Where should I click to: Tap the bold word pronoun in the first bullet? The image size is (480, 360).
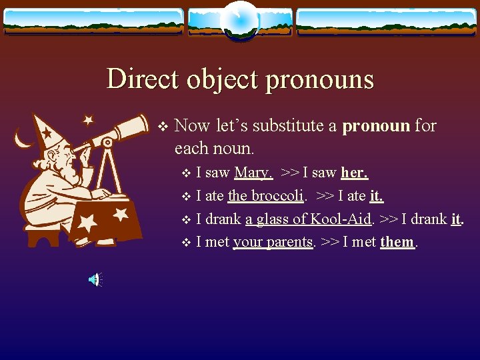pyautogui.click(x=375, y=125)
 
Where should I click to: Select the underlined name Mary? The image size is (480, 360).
pyautogui.click(x=253, y=173)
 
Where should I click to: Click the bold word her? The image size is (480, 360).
pyautogui.click(x=355, y=173)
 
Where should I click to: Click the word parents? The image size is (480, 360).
pyautogui.click(x=289, y=242)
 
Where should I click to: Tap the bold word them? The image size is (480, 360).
pyautogui.click(x=397, y=242)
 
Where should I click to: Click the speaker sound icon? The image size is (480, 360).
pyautogui.click(x=95, y=280)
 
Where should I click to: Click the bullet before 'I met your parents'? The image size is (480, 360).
pyautogui.click(x=187, y=243)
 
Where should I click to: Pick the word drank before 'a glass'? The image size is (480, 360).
pyautogui.click(x=225, y=219)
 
